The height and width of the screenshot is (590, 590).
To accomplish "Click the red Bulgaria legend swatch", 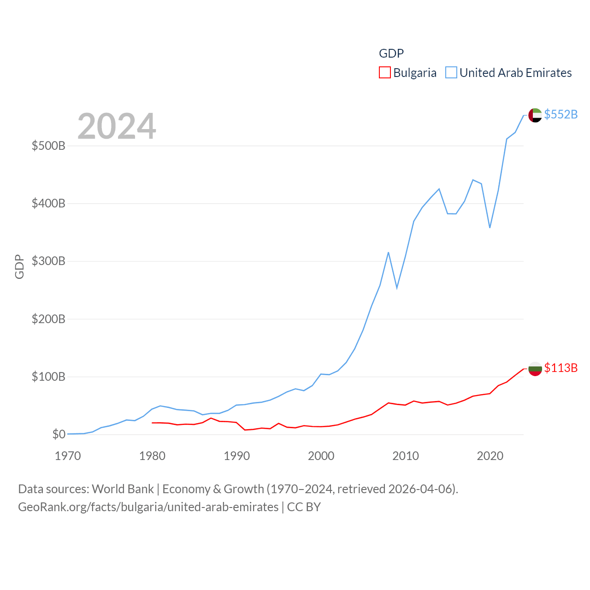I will click(384, 73).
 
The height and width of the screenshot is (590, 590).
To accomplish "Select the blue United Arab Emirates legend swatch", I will click(451, 73).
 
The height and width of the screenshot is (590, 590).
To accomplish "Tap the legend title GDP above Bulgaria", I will click(391, 53).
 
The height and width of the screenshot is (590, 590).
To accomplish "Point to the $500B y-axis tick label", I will click(48, 146).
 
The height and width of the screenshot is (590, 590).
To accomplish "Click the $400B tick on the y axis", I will click(48, 204).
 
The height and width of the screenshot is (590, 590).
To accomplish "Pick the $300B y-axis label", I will click(48, 261).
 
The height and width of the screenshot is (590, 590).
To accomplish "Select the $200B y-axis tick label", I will click(48, 319).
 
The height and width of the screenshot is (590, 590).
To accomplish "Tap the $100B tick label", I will click(48, 377).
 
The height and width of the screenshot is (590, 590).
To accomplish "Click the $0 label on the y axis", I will click(59, 434).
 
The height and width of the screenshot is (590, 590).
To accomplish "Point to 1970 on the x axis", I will click(68, 456).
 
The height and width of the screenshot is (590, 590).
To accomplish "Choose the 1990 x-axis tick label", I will click(236, 456).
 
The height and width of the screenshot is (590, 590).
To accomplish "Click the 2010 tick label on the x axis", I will click(406, 456).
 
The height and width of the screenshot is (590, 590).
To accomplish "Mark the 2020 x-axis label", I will click(490, 456).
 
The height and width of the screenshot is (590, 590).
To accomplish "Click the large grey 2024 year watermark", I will click(117, 126).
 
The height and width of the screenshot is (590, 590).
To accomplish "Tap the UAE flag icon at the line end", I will click(535, 115).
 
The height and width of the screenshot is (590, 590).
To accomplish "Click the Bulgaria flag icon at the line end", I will click(535, 369).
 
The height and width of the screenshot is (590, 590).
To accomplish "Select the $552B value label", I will click(560, 114).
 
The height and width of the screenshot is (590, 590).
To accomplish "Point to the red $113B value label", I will click(560, 368).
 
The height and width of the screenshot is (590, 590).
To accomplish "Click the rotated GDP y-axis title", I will click(19, 266).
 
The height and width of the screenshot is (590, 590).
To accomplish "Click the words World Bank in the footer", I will click(123, 489).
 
